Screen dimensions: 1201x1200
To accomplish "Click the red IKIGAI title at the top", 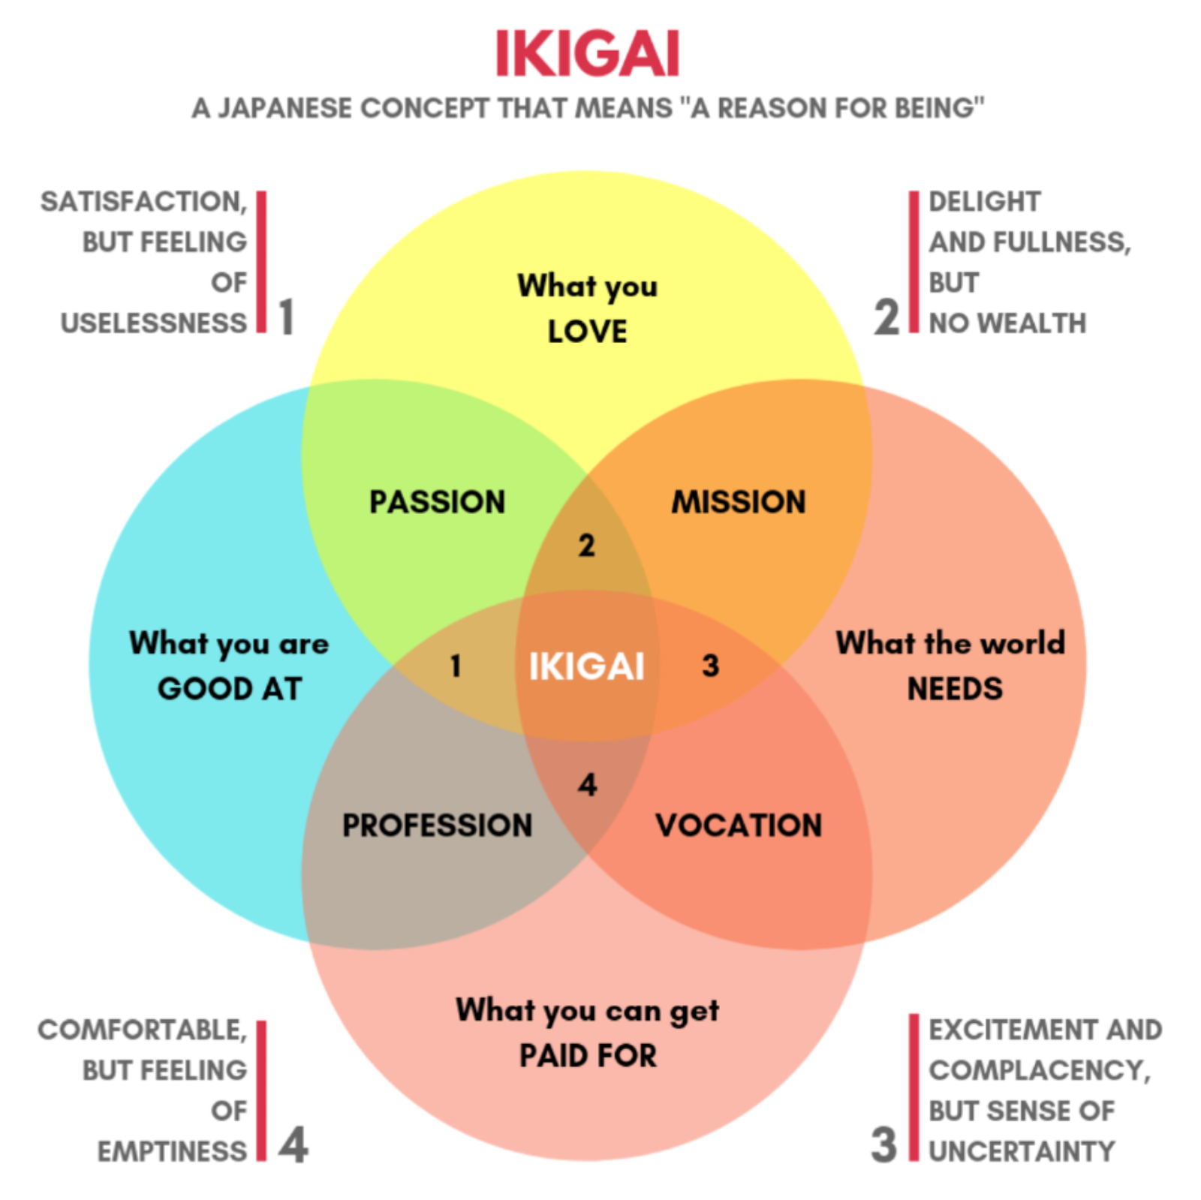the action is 587,53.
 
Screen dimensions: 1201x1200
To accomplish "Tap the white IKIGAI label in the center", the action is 586,666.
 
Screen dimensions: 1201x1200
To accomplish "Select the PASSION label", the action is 438,502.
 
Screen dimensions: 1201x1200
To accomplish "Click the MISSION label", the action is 739,502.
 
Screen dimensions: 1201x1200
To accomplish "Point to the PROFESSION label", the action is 438,826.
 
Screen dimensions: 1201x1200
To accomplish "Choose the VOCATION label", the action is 739,826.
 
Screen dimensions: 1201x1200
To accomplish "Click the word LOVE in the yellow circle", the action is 587,332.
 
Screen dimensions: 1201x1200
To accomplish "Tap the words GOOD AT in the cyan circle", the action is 230,689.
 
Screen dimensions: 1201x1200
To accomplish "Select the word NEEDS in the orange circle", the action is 955,689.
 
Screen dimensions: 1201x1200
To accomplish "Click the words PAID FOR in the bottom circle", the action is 588,1056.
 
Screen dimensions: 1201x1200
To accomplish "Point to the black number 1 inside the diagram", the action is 455,666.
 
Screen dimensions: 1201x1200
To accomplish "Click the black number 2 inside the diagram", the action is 586,546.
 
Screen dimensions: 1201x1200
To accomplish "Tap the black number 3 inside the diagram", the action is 710,666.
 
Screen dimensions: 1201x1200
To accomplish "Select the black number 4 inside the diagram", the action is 587,785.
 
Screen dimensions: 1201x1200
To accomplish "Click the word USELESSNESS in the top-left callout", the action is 153,323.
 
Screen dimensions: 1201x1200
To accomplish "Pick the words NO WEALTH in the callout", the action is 1007,323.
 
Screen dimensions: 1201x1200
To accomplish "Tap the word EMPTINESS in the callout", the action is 172,1151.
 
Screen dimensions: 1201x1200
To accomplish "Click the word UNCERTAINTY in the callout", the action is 1022,1151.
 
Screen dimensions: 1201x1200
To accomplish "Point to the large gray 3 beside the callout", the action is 884,1145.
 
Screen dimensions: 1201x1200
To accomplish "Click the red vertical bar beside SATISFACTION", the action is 261,262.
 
